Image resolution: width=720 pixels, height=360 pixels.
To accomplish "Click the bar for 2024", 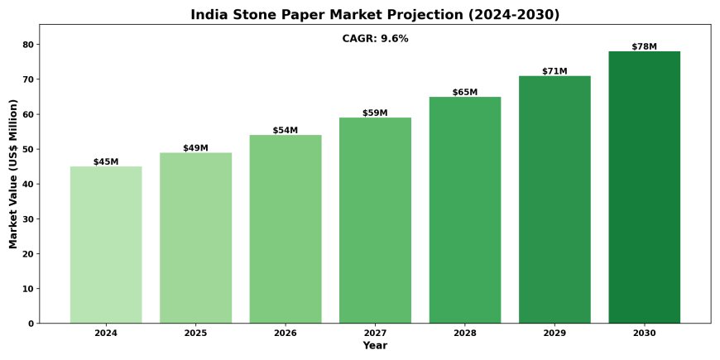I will click(x=106, y=244).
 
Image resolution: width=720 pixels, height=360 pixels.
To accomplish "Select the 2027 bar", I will click(x=375, y=220).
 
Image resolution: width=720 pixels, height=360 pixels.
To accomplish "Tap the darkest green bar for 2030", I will click(x=644, y=187).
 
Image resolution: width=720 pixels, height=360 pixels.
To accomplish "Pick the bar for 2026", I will click(x=286, y=228).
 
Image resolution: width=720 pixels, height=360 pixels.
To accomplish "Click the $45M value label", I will click(x=106, y=162).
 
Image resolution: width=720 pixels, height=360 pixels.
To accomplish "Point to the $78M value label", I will click(x=644, y=46).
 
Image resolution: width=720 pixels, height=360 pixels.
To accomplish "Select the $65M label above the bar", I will click(x=465, y=92).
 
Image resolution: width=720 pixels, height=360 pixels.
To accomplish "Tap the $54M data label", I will click(x=286, y=131).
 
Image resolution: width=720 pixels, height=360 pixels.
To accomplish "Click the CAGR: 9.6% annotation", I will click(x=375, y=39).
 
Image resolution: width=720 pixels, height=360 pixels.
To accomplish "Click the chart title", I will click(x=375, y=15).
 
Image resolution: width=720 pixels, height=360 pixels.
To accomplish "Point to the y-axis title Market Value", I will click(x=13, y=174).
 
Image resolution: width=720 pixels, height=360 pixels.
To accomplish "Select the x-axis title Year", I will click(x=375, y=345).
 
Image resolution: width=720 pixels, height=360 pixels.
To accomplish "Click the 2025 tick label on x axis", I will click(x=195, y=333).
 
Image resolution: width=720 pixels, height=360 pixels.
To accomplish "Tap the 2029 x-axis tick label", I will click(x=554, y=333).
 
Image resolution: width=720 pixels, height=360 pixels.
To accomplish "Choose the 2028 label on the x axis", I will click(x=465, y=333).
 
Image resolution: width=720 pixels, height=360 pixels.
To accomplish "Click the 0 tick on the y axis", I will click(x=31, y=324).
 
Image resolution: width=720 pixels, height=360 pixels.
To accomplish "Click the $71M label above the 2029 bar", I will click(x=554, y=71).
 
